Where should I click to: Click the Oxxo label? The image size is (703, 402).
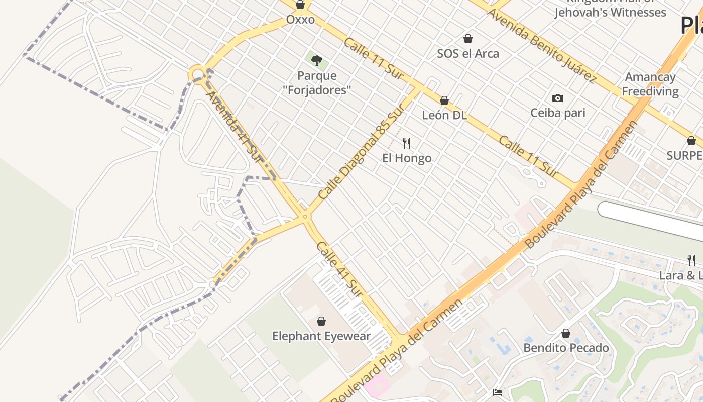(x=300, y=20)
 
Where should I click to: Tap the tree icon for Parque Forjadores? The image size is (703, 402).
(x=316, y=61)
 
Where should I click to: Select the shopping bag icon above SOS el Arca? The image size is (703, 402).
(x=468, y=39)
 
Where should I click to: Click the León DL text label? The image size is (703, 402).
(x=444, y=115)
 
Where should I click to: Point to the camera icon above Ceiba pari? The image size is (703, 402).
(x=557, y=98)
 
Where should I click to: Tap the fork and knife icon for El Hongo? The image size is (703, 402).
(x=407, y=143)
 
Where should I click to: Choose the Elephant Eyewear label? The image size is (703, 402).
(x=321, y=336)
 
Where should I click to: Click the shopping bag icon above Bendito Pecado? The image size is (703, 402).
(x=566, y=333)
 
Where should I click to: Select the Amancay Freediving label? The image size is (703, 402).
(x=650, y=84)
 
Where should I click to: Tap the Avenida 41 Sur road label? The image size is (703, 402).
(x=235, y=126)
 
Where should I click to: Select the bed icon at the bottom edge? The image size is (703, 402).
(x=497, y=392)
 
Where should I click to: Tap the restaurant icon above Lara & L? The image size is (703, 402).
(x=691, y=260)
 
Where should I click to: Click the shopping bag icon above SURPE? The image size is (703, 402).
(x=691, y=141)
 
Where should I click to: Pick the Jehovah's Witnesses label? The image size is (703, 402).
(x=610, y=12)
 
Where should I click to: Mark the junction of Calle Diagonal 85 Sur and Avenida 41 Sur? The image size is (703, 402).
(x=305, y=217)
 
